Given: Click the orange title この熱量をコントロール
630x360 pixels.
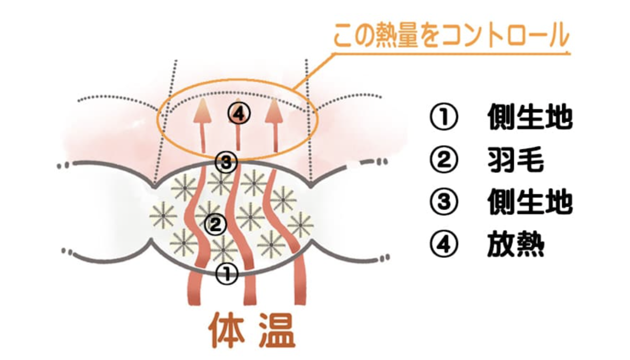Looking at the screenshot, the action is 451,36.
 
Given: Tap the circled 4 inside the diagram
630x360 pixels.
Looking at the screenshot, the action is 239,114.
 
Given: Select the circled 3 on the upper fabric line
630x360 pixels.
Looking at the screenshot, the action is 226,162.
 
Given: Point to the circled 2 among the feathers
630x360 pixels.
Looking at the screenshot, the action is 215,224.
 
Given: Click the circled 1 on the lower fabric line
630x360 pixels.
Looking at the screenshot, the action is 227,274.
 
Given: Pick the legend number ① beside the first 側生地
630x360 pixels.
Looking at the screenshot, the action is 444,117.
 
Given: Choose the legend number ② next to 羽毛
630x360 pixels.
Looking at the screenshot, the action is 444,160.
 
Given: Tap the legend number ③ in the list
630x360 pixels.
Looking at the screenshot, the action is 444,202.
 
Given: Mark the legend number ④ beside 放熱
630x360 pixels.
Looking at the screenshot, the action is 444,244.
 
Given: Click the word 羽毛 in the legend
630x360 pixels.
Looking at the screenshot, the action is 515,160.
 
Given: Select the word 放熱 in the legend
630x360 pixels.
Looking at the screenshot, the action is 515,244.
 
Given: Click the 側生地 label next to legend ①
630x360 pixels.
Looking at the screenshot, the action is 530,117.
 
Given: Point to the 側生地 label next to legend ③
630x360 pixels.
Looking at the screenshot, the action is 530,202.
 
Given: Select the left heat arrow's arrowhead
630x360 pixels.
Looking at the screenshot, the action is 202,111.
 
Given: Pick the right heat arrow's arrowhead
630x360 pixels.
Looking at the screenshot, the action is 274,111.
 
